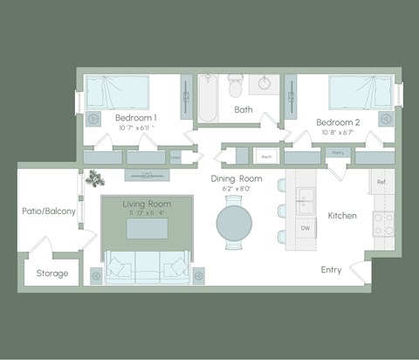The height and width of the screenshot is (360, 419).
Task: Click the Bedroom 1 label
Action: tap(137, 118)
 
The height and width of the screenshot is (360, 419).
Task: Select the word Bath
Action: tap(244, 110)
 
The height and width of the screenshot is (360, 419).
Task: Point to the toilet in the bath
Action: tap(236, 84)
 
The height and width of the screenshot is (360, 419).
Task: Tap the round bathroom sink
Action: tap(264, 85)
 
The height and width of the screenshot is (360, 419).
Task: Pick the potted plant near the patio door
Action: tap(93, 178)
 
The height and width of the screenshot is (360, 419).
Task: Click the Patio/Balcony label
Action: tap(49, 211)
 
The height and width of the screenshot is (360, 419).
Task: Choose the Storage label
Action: tap(52, 273)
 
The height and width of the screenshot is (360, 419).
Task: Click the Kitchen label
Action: tap(342, 215)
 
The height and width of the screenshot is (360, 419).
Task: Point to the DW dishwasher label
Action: tap(306, 228)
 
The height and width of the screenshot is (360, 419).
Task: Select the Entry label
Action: tap(331, 270)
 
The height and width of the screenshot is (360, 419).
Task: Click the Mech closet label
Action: tap(265, 157)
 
